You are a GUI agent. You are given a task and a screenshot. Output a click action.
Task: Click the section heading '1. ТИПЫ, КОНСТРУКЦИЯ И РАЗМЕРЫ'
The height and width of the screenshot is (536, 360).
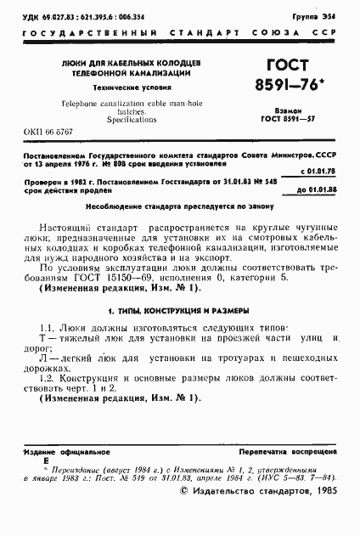180,308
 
